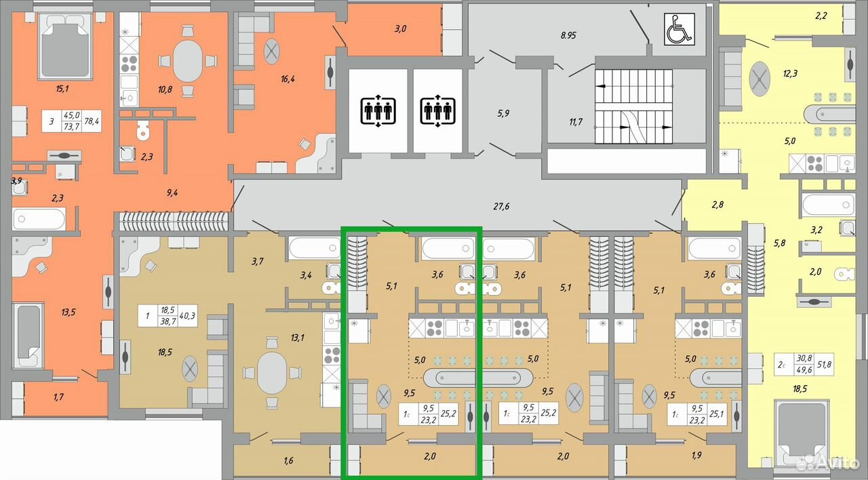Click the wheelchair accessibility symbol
pyautogui.click(x=679, y=29)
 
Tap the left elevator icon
pyautogui.click(x=378, y=111)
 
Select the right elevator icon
pyautogui.click(x=437, y=111)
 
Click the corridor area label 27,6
pyautogui.click(x=501, y=207)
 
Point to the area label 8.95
pyautogui.click(x=568, y=35)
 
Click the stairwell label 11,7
pyautogui.click(x=576, y=122)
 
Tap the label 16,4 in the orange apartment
pyautogui.click(x=288, y=79)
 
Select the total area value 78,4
pyautogui.click(x=92, y=121)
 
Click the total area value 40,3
pyautogui.click(x=187, y=316)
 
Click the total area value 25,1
pyautogui.click(x=717, y=414)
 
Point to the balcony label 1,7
pyautogui.click(x=58, y=397)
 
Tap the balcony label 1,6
pyautogui.click(x=288, y=460)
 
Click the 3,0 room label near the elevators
pyautogui.click(x=400, y=28)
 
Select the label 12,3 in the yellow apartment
pyautogui.click(x=790, y=73)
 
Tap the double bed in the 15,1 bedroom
pyautogui.click(x=65, y=47)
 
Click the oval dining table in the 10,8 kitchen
pyautogui.click(x=188, y=61)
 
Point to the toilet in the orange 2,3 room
pyautogui.click(x=143, y=129)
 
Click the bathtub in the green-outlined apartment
pyautogui.click(x=448, y=248)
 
